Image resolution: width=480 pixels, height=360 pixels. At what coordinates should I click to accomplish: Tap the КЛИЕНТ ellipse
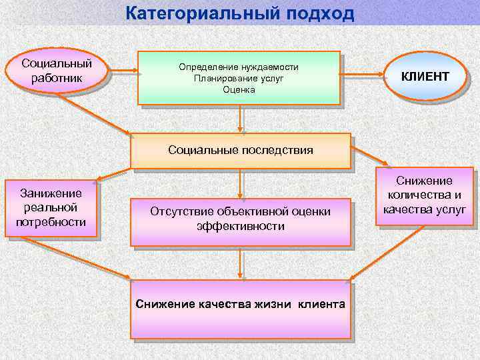(424, 77)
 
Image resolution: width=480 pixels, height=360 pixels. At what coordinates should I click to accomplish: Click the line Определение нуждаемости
(239, 67)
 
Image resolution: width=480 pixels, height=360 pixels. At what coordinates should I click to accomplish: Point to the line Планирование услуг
(239, 78)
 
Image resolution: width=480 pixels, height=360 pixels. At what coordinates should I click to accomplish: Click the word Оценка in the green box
(239, 89)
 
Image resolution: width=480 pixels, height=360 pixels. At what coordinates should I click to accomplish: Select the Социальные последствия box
(240, 150)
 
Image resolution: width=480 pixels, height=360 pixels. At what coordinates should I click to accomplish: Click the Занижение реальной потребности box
(52, 208)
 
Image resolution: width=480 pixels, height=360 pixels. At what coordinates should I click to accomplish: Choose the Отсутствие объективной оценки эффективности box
(240, 219)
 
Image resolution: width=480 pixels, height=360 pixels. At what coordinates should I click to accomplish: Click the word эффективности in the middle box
(241, 227)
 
